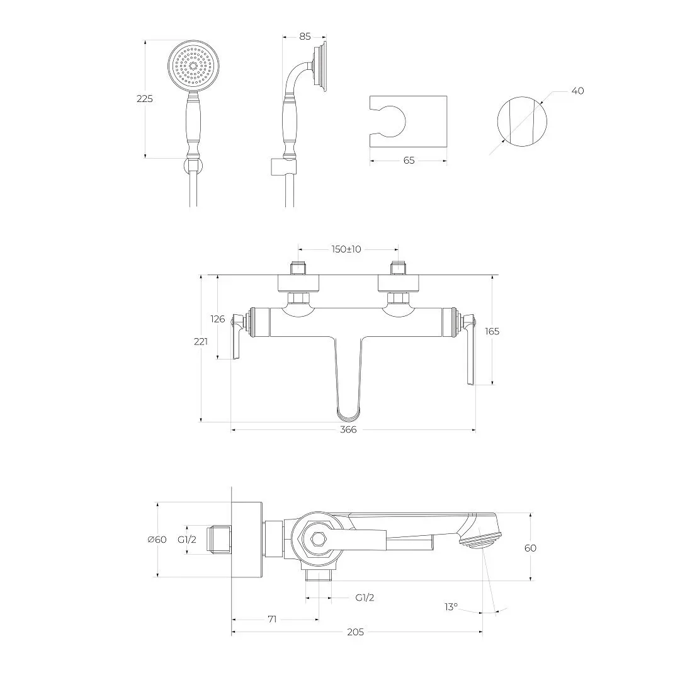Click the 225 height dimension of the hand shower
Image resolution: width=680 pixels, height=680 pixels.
click(144, 99)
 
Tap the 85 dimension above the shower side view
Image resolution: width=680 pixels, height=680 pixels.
click(305, 37)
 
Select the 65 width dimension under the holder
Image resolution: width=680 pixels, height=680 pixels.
click(409, 161)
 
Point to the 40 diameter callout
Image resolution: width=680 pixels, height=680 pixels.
click(577, 91)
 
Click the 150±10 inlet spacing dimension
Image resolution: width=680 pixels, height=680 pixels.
click(346, 249)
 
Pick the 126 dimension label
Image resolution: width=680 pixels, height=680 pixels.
click(218, 319)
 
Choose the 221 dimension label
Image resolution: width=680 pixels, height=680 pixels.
click(200, 342)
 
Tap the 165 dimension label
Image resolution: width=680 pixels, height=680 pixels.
click(492, 331)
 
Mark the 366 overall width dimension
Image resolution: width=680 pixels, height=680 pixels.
click(348, 429)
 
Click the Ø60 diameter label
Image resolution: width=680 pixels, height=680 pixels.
click(157, 540)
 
